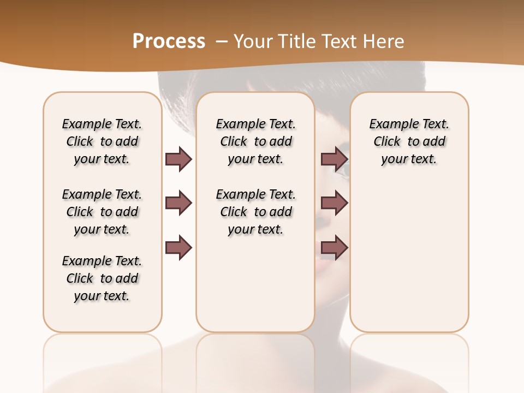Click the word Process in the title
[x=169, y=41]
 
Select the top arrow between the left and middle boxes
[x=178, y=159]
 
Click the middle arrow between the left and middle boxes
[x=178, y=203]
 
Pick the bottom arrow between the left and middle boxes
[x=178, y=248]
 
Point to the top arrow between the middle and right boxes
[x=334, y=159]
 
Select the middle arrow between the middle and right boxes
[x=334, y=203]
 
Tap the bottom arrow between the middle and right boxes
[x=334, y=248]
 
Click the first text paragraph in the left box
[x=102, y=141]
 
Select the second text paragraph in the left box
[x=102, y=212]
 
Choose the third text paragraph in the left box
[x=102, y=278]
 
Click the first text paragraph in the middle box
[x=255, y=141]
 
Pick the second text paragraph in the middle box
[x=255, y=212]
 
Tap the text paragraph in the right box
[x=409, y=141]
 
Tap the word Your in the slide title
[x=252, y=41]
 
